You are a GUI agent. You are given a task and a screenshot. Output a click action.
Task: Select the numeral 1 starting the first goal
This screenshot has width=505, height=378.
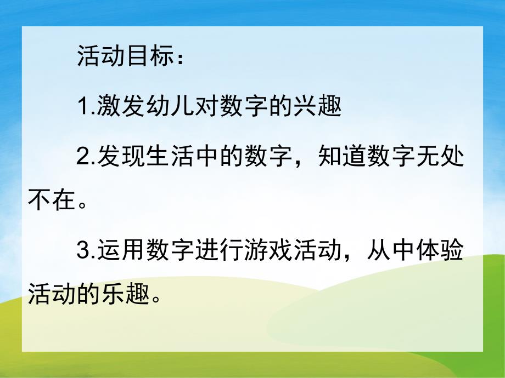83,106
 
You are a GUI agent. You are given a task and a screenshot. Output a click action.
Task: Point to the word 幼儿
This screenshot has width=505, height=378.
170,106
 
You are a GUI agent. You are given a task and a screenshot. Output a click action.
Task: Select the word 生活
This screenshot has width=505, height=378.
170,156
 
